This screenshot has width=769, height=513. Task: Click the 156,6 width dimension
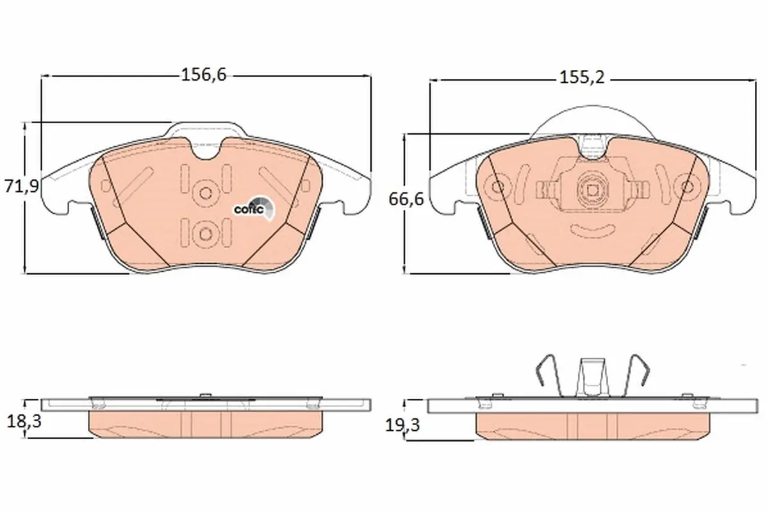point(204,75)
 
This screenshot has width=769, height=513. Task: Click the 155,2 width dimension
point(582,78)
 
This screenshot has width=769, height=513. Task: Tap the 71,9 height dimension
point(22,186)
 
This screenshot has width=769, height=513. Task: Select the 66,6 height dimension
point(406,199)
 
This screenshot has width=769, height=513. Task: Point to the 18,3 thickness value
point(24,421)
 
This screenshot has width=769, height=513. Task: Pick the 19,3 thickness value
point(402,425)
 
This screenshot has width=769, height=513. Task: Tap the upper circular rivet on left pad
point(206,193)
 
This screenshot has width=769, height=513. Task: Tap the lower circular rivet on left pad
point(205,234)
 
